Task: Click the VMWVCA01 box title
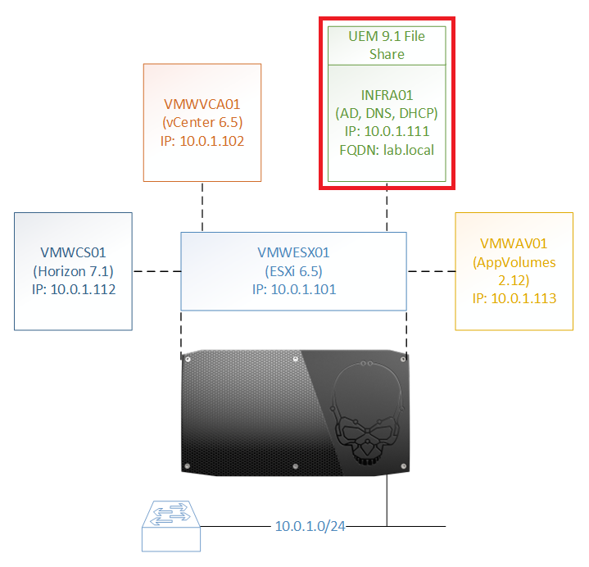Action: click(201, 105)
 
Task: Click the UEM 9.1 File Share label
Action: click(386, 45)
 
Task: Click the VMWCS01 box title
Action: click(73, 252)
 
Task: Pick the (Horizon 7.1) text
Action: click(73, 270)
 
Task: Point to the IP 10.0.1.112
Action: click(73, 288)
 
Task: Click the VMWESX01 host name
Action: click(293, 253)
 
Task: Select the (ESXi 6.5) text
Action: click(293, 271)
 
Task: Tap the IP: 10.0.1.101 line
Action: click(293, 289)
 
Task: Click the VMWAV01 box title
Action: click(514, 244)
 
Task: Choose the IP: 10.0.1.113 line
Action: click(514, 298)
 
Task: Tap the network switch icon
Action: click(172, 527)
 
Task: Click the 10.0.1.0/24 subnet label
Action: click(310, 525)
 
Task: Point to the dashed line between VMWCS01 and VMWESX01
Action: click(156, 271)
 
